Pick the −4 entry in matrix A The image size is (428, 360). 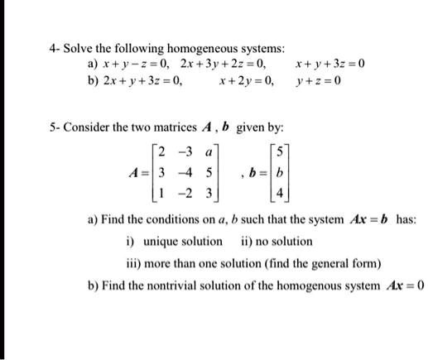click(x=189, y=173)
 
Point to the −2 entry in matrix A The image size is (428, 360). click(x=189, y=191)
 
